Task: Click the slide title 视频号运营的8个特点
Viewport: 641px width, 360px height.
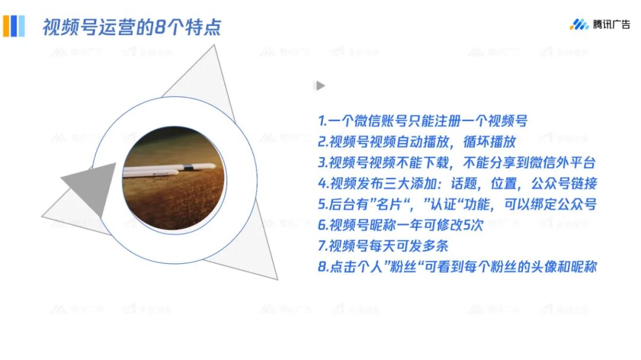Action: pos(131,27)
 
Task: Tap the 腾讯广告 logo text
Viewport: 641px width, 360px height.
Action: pos(611,24)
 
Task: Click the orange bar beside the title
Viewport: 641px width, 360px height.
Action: pos(5,26)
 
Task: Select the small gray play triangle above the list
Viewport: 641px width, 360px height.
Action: pos(320,86)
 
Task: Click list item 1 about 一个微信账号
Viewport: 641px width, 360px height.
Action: pos(423,122)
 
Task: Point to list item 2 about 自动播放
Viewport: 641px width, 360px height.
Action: pos(417,142)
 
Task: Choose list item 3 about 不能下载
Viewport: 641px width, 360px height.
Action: pos(456,163)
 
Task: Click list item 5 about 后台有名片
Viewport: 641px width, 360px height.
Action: pos(457,205)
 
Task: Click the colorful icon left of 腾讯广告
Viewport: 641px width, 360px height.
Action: pos(579,24)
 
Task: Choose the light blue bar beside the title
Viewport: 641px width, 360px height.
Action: pos(22,26)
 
